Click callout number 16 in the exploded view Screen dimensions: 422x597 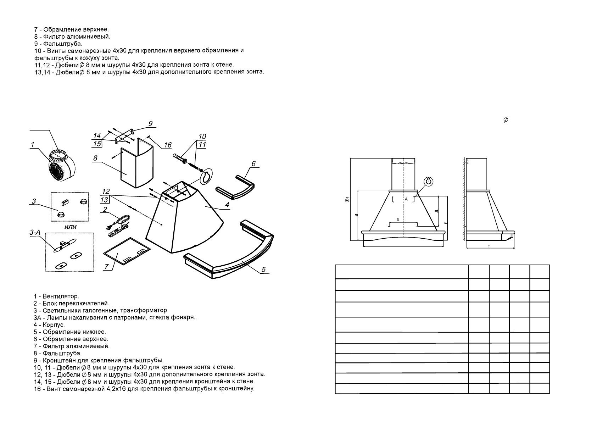point(167,145)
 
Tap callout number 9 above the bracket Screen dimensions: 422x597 point(151,123)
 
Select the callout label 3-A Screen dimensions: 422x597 point(35,233)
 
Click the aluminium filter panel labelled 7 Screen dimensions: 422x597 point(127,251)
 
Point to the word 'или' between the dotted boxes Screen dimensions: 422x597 point(71,227)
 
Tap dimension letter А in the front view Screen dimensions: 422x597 point(406,199)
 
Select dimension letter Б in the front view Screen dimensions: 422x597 point(398,220)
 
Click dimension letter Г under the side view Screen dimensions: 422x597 point(489,246)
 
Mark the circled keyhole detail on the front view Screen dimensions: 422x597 point(429,181)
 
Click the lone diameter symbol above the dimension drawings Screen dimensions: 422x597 point(506,120)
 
